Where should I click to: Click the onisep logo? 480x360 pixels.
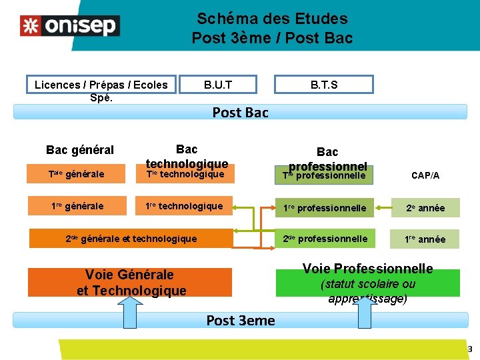[69, 25]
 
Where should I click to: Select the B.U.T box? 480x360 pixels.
[219, 85]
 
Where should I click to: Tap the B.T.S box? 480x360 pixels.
[324, 85]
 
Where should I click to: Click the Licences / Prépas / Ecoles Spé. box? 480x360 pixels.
[101, 85]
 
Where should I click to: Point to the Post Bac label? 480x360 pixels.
[240, 113]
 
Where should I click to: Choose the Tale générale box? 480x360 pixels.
[77, 175]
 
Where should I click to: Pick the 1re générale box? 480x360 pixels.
[77, 207]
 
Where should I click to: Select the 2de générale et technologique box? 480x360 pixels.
[131, 238]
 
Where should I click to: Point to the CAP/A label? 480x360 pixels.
[425, 175]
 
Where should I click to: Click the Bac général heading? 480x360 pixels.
[80, 150]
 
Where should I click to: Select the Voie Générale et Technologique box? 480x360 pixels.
[131, 282]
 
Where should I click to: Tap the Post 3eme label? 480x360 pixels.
[240, 321]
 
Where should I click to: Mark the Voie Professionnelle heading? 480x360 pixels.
[367, 269]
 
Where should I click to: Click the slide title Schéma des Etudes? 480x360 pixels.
[272, 19]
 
